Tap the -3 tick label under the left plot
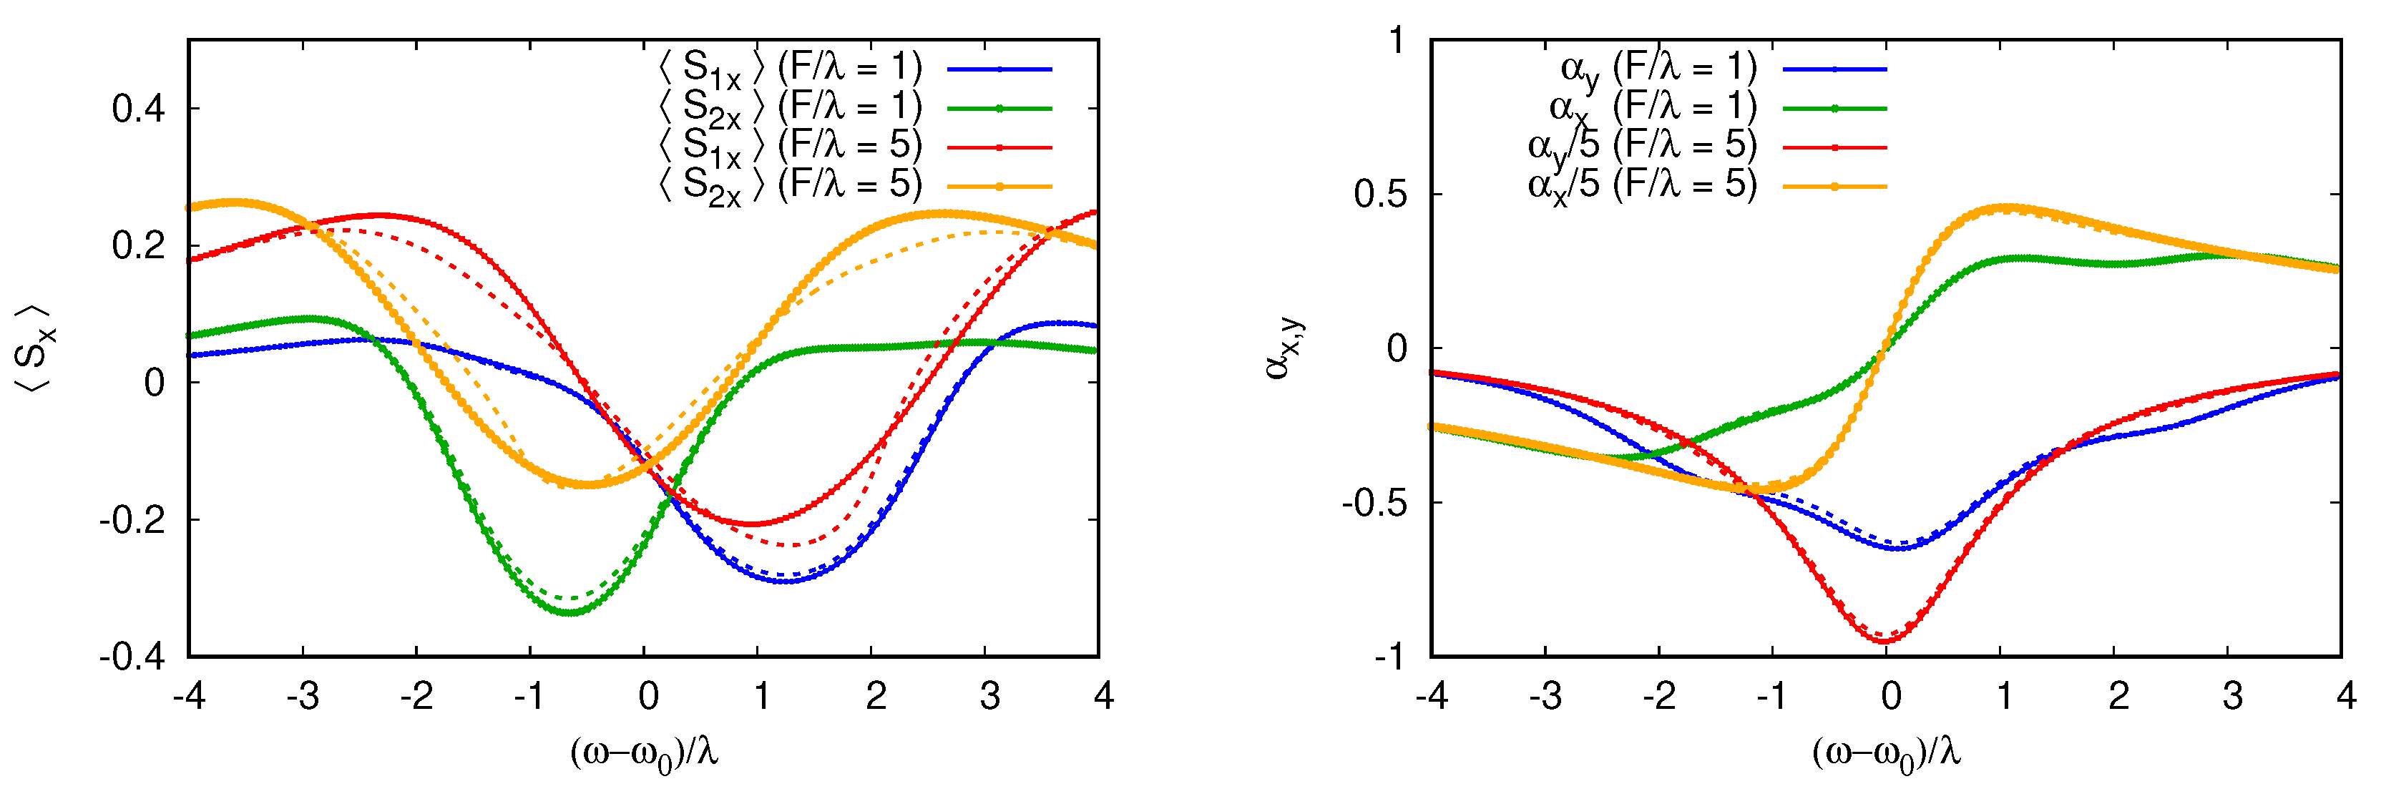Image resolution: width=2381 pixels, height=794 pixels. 302,695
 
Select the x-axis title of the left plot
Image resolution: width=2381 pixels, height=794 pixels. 644,753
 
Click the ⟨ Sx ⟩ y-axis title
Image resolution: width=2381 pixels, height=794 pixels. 35,348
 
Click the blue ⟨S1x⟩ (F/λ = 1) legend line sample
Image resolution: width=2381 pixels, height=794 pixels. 999,69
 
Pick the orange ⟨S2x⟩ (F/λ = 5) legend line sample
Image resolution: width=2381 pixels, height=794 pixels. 999,187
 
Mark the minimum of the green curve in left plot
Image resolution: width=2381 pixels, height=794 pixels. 570,612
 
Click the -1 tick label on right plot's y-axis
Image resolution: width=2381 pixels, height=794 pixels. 1389,656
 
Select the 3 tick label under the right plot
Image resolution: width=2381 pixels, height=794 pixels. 2232,695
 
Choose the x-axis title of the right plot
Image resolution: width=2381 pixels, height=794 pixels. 1887,753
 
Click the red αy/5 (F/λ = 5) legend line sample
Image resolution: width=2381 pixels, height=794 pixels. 1834,147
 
